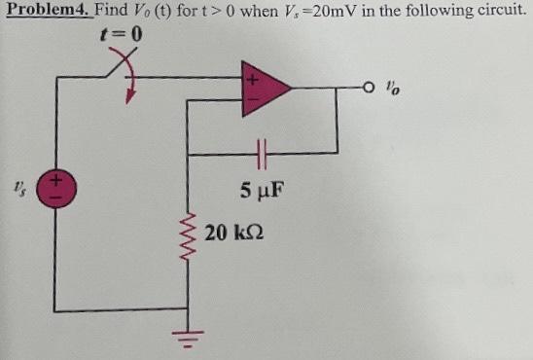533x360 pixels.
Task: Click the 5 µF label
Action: (260, 188)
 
